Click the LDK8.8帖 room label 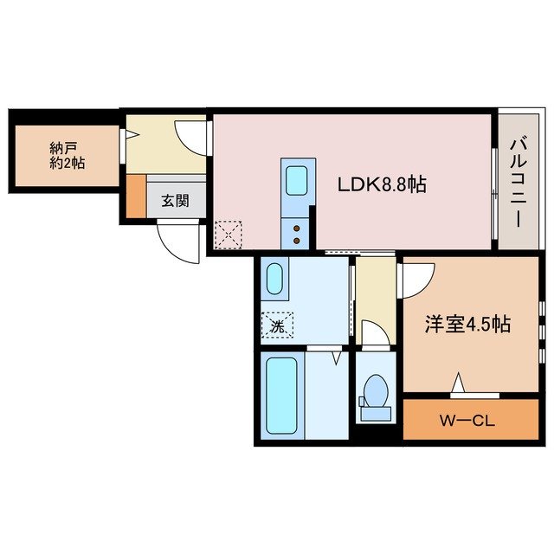[381, 184]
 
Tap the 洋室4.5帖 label [467, 325]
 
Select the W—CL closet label [466, 422]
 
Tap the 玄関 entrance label [175, 200]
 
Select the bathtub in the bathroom [281, 396]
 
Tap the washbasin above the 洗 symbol [274, 280]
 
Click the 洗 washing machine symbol [277, 325]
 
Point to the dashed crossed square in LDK [229, 234]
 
